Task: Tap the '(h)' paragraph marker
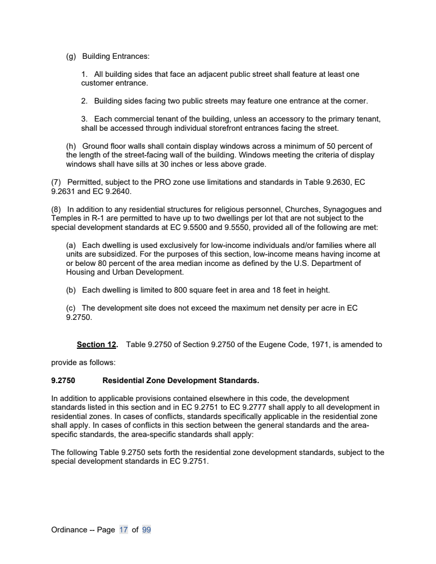(x=71, y=146)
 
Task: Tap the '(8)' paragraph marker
(x=57, y=209)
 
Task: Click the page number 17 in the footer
(x=123, y=530)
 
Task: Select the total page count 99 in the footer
(x=146, y=530)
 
